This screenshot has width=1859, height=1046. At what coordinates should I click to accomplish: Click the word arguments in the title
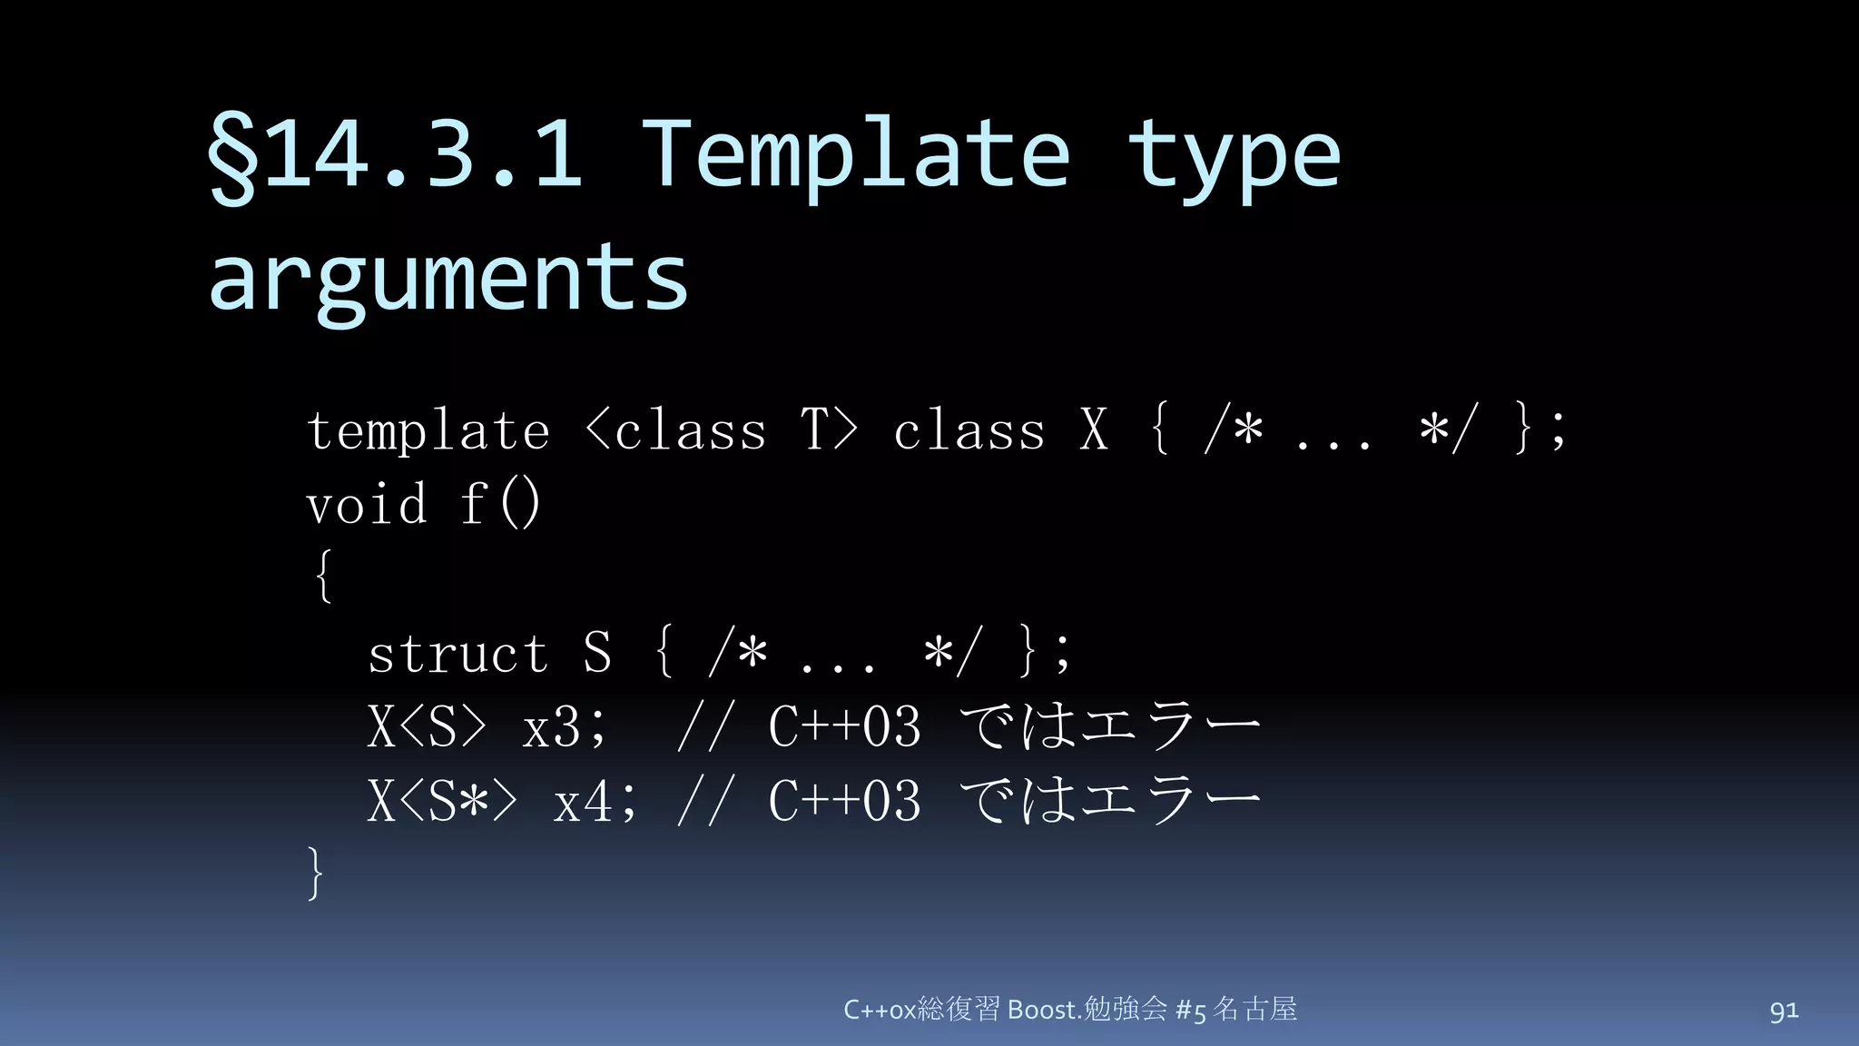point(448,277)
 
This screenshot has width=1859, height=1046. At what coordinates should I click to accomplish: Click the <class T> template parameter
point(722,430)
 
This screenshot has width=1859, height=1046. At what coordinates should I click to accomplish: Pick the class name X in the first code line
point(1095,430)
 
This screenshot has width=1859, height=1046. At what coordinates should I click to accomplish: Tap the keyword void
point(367,505)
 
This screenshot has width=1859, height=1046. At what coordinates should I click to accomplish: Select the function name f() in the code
point(500,505)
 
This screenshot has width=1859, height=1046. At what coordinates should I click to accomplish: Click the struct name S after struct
point(597,654)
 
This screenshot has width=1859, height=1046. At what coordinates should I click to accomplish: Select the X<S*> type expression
point(442,802)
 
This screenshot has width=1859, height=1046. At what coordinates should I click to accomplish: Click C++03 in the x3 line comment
point(844,727)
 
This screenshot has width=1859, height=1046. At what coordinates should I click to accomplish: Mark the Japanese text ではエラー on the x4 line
point(1110,802)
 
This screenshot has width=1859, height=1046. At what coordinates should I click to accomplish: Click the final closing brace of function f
point(315,873)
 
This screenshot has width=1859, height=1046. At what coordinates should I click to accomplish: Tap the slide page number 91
point(1784,1011)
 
